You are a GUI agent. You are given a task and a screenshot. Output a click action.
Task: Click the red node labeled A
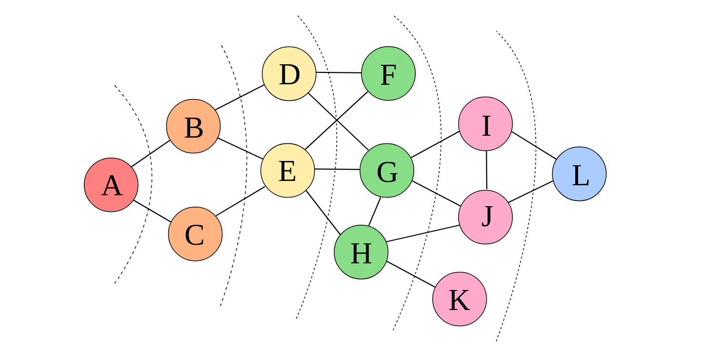tap(111, 185)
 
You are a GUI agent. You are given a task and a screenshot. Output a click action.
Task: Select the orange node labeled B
tap(193, 126)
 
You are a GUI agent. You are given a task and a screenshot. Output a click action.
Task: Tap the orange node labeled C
tap(195, 234)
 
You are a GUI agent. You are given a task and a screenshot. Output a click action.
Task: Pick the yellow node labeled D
tap(289, 74)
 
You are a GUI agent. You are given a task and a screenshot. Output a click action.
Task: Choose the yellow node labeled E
tap(288, 170)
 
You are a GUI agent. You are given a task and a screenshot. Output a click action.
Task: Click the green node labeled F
tap(388, 73)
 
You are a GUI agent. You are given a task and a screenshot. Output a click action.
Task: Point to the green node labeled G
tap(387, 170)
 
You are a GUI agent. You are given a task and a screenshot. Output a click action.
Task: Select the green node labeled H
tap(361, 252)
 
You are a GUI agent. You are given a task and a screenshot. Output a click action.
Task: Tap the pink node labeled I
tap(485, 124)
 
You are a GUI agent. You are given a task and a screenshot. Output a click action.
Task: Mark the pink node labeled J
tap(485, 217)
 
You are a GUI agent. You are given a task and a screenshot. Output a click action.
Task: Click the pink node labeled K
tap(460, 299)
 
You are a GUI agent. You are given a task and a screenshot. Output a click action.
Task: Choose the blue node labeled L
tap(579, 174)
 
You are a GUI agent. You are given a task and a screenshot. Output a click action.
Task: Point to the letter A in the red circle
tap(111, 186)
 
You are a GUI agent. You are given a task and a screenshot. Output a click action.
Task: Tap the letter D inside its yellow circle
tap(289, 75)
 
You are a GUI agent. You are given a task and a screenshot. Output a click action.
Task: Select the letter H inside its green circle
tap(361, 254)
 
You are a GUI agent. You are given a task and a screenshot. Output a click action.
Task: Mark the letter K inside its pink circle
tap(459, 301)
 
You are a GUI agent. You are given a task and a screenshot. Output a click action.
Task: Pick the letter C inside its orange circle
tap(194, 236)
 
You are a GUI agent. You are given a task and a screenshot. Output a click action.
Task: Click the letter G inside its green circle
tap(387, 172)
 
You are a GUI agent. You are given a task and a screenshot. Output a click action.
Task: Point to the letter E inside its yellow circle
tap(287, 172)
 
